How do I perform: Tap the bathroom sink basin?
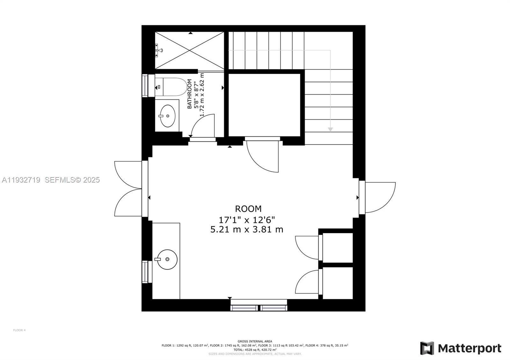click(x=167, y=116)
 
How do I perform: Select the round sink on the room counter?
click(x=167, y=259)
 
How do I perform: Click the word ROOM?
click(x=248, y=209)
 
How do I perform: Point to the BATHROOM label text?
click(x=190, y=94)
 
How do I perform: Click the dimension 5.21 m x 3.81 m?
click(x=247, y=229)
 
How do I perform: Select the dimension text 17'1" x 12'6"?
click(x=247, y=220)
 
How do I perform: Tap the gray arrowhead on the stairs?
click(x=330, y=129)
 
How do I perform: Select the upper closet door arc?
click(x=306, y=247)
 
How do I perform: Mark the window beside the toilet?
click(x=145, y=85)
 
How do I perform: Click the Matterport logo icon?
click(x=427, y=348)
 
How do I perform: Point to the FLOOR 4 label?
click(x=19, y=330)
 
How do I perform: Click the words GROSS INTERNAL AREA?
click(x=255, y=342)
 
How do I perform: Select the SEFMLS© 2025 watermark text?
click(x=72, y=180)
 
